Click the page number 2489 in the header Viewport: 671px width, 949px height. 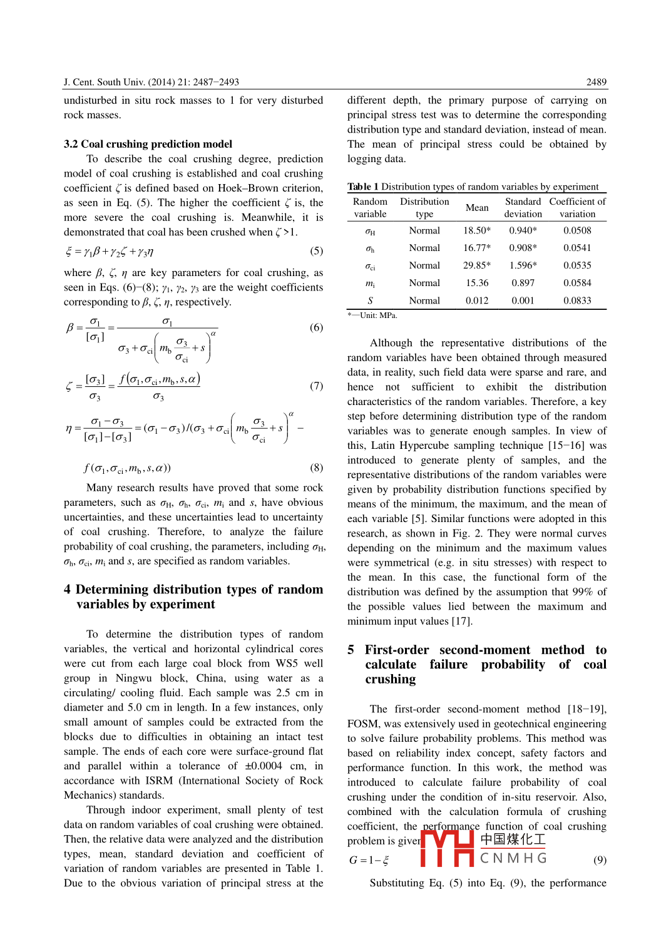pyautogui.click(x=596, y=82)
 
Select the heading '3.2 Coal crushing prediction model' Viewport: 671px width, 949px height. pyautogui.click(x=148, y=144)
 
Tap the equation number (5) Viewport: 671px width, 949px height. pyautogui.click(x=317, y=251)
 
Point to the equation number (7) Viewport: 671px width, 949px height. pyautogui.click(x=317, y=386)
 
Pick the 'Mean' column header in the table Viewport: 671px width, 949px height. pyautogui.click(x=477, y=208)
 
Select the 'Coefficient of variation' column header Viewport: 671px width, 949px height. pyautogui.click(x=577, y=208)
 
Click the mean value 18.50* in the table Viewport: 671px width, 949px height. pyautogui.click(x=477, y=230)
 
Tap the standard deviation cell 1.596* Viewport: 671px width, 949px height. pyautogui.click(x=523, y=265)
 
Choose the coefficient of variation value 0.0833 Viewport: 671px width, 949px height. pyautogui.click(x=577, y=300)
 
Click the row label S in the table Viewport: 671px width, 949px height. pyautogui.click(x=370, y=300)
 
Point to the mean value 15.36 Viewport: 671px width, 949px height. pyautogui.click(x=477, y=283)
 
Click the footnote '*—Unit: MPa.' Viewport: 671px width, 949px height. pyautogui.click(x=372, y=315)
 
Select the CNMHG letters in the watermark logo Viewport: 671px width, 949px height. pyautogui.click(x=513, y=858)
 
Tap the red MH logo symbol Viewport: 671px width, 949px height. pyautogui.click(x=447, y=848)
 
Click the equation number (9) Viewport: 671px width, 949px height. pyautogui.click(x=600, y=860)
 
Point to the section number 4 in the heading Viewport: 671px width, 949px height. pyautogui.click(x=67, y=590)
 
